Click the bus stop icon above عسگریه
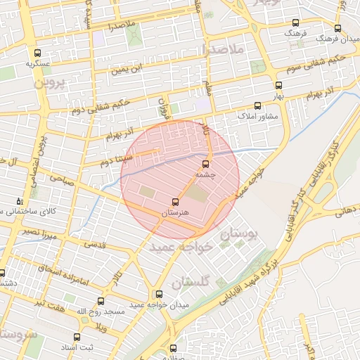tap(37, 52)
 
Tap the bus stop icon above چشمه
tap(205, 164)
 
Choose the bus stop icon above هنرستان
tap(176, 202)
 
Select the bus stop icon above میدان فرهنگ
tap(338, 29)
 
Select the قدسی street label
tap(95, 244)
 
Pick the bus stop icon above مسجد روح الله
tap(101, 301)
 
